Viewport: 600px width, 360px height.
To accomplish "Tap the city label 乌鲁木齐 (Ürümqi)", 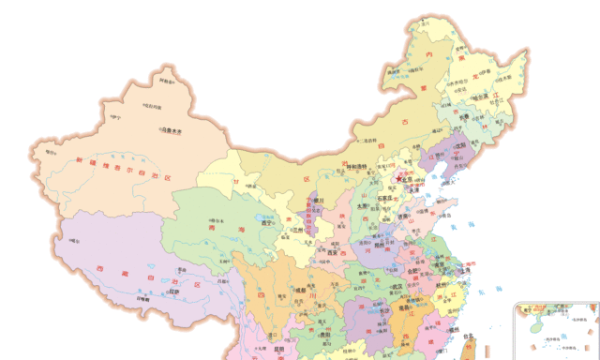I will click(174, 130).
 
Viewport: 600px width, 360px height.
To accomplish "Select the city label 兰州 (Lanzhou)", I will click(298, 230).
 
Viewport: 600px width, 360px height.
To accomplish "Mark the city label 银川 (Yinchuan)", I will click(319, 200).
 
